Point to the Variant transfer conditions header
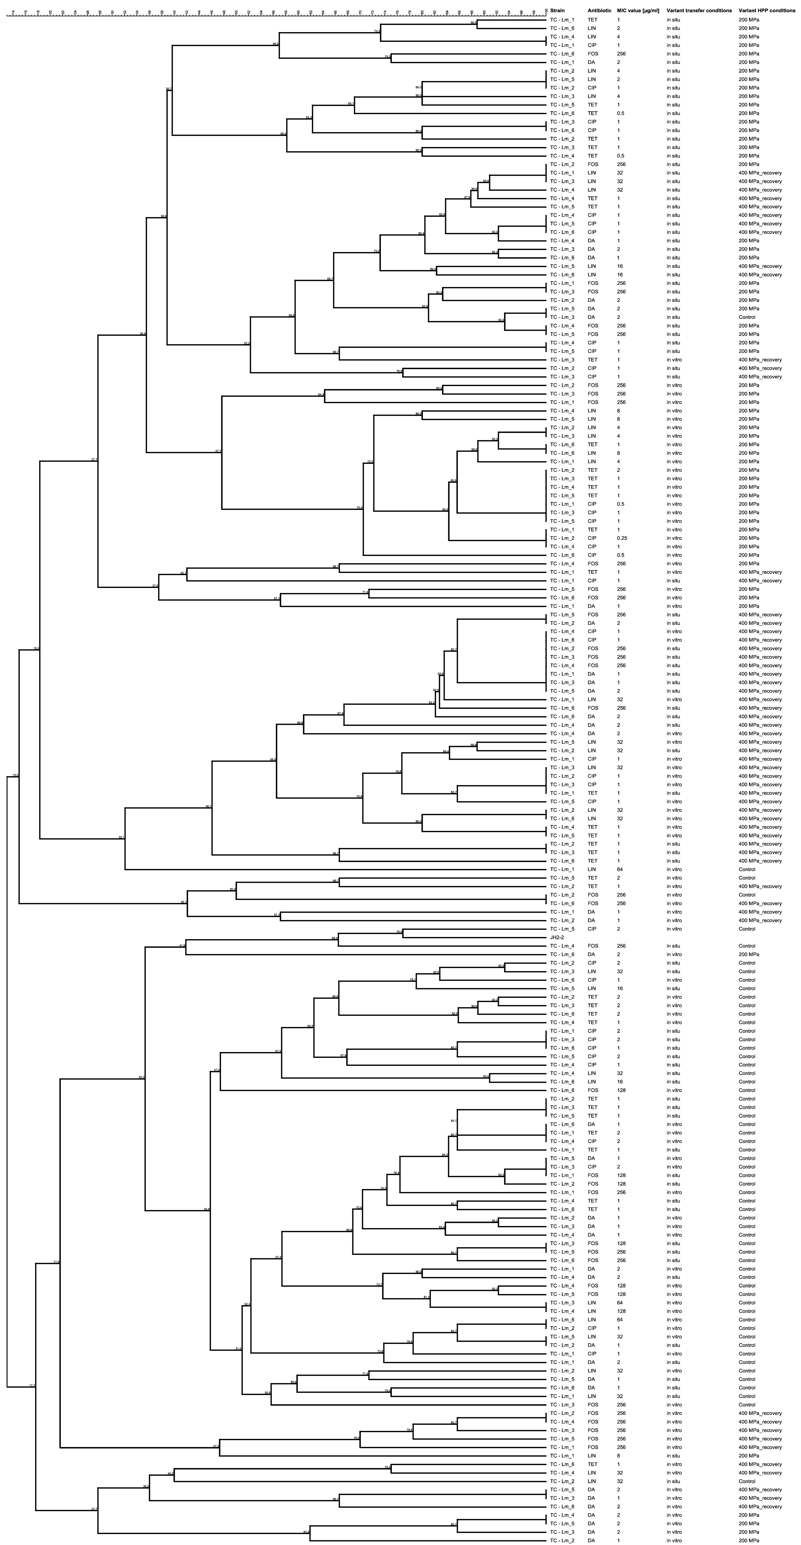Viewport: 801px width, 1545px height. (699, 11)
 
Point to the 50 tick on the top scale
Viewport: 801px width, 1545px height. (236, 12)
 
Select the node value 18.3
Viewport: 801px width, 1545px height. (36, 648)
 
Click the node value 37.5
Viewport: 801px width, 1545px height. (155, 585)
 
